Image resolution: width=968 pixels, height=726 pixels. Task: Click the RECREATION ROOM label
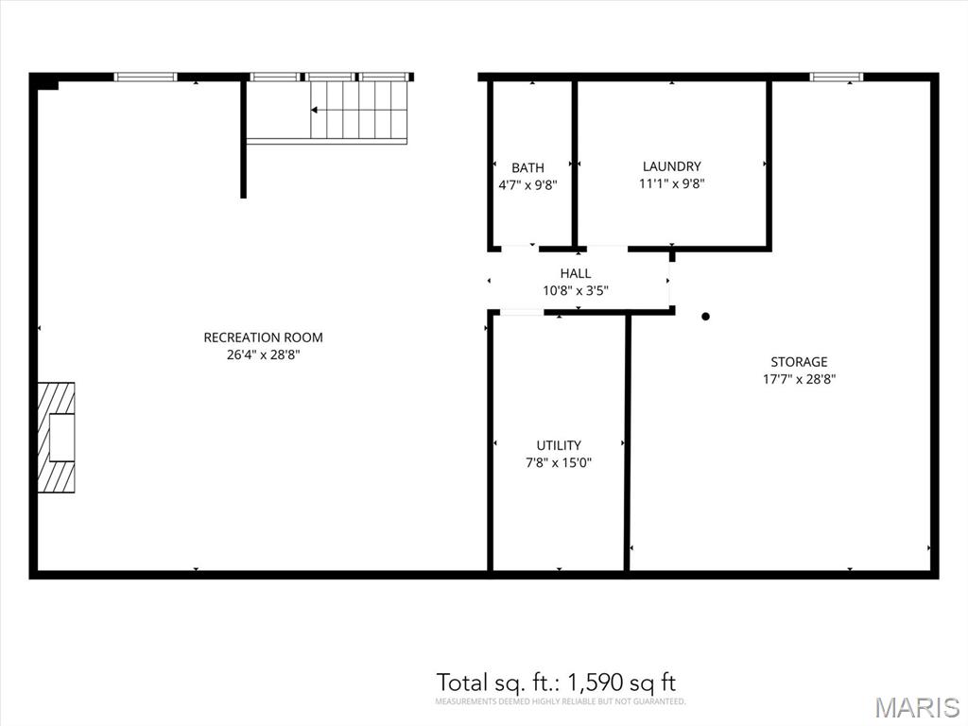(263, 337)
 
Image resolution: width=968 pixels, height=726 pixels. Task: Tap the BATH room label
(527, 168)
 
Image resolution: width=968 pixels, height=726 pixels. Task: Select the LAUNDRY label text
(672, 166)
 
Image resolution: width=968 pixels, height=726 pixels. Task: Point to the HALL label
(576, 273)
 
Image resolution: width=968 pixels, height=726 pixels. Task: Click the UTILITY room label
(559, 446)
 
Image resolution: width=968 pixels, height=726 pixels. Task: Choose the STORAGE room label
(799, 362)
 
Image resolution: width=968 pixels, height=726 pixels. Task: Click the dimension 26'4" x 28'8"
(263, 355)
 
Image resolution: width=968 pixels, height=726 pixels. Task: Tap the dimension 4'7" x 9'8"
(527, 185)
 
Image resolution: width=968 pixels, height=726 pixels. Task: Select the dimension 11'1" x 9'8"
(672, 184)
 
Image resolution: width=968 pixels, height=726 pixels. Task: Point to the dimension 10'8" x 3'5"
(576, 291)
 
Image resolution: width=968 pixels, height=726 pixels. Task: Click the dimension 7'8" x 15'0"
(559, 463)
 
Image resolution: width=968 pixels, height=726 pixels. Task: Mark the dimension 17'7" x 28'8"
(799, 380)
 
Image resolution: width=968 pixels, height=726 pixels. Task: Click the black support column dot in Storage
(705, 317)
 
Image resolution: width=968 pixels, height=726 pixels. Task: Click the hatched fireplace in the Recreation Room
(56, 438)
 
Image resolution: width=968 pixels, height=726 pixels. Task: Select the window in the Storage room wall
(837, 77)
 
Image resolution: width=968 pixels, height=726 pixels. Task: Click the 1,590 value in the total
(595, 683)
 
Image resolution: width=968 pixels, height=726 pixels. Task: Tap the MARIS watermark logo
(917, 707)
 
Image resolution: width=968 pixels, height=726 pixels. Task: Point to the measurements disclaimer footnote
(561, 702)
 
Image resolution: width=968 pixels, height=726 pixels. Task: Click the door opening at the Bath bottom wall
(520, 249)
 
